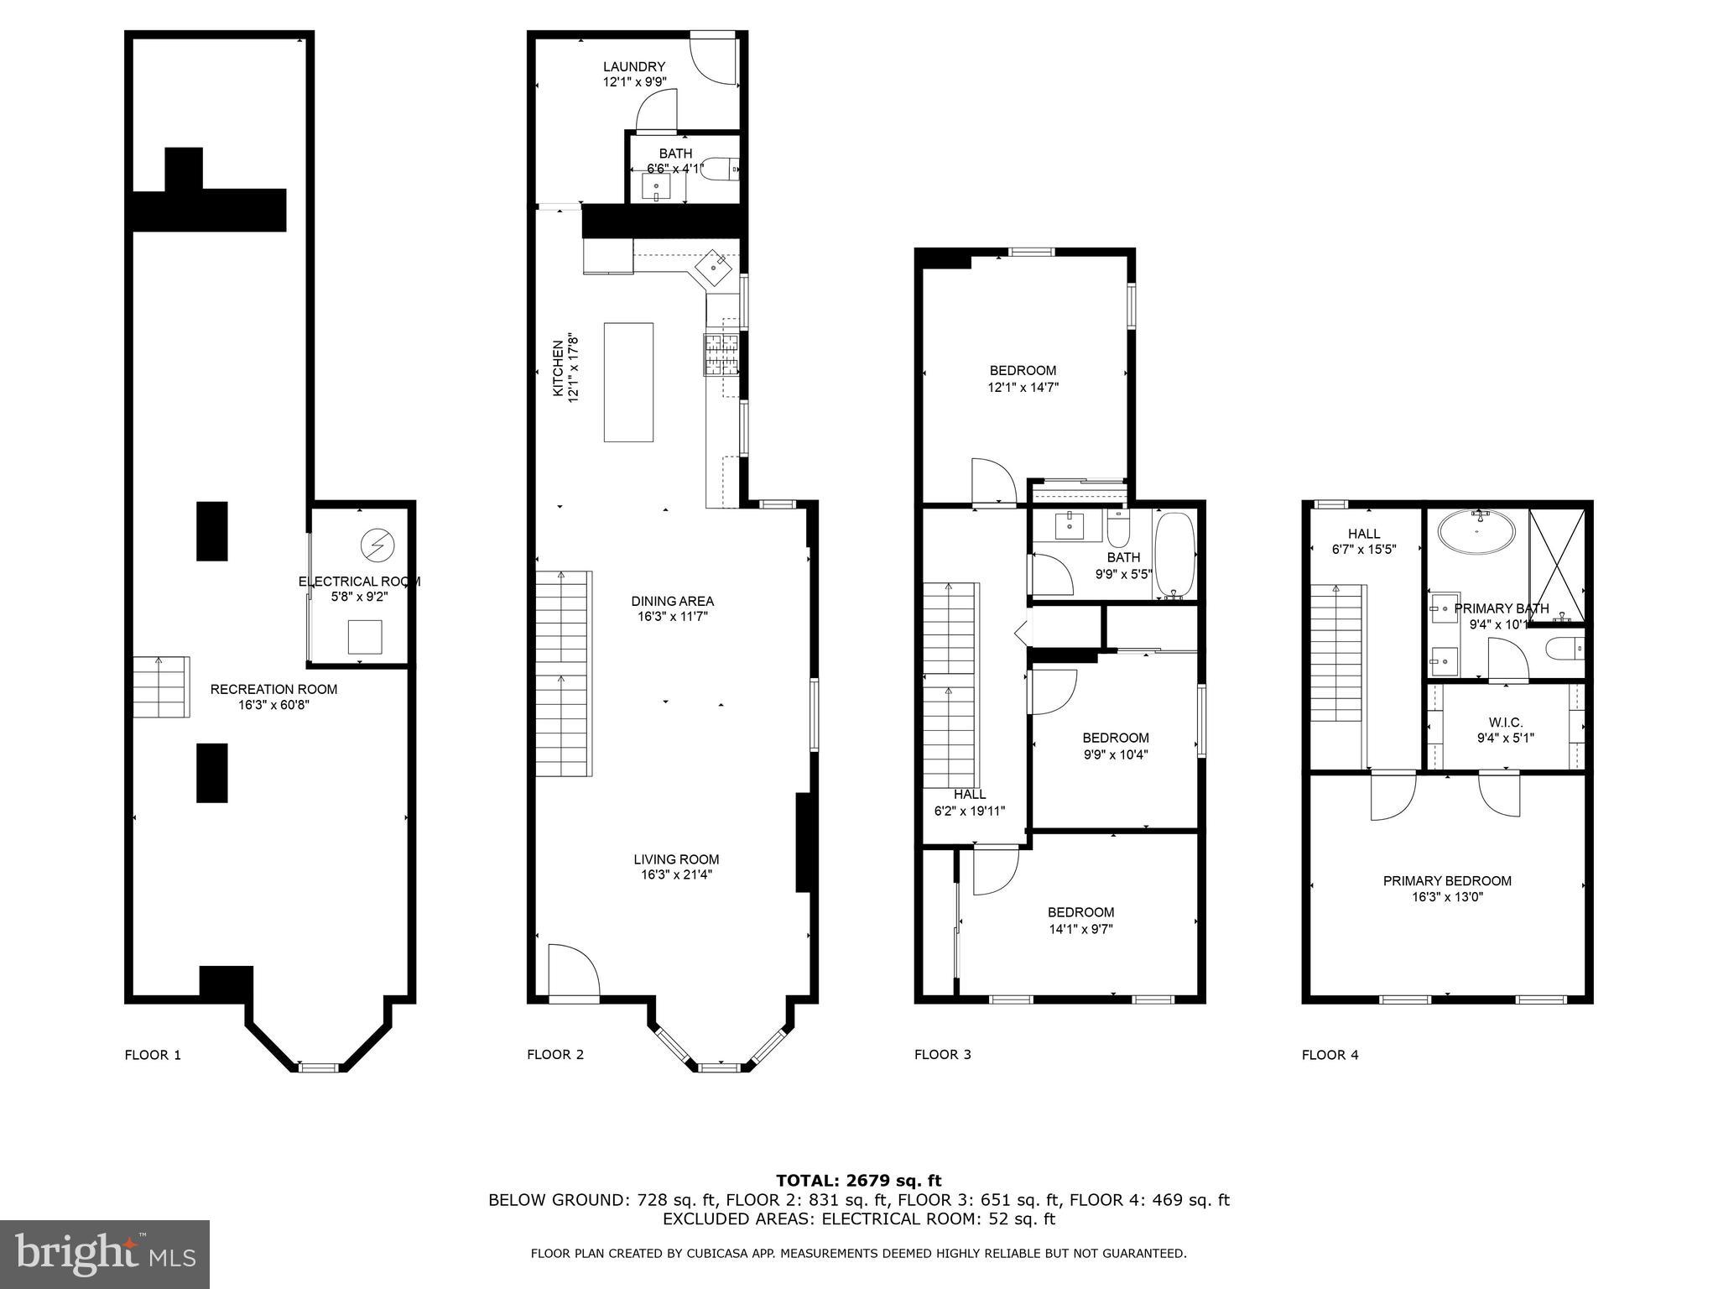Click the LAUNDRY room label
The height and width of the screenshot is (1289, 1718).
tap(634, 67)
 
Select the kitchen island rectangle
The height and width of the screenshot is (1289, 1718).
tap(628, 382)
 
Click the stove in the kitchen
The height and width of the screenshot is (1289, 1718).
tap(721, 354)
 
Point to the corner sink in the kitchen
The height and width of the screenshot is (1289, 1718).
tap(713, 267)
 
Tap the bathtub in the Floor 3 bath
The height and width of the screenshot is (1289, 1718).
tap(1174, 555)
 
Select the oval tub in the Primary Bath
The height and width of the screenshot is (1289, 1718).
tap(1476, 530)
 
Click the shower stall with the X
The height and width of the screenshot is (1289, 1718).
tap(1556, 564)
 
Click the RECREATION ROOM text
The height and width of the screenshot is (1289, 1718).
tap(273, 690)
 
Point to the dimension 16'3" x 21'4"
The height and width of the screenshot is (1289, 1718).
tap(676, 874)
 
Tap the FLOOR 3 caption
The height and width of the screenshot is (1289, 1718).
tap(942, 1055)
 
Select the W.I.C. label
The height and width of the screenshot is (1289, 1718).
tap(1506, 723)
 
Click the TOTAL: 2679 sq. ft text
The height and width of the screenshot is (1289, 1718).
tap(858, 1181)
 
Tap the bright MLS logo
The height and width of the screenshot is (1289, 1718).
tap(105, 1254)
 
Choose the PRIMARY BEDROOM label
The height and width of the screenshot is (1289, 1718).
tap(1447, 881)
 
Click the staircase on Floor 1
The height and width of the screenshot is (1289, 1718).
tap(161, 686)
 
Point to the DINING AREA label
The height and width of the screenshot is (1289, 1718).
tap(672, 601)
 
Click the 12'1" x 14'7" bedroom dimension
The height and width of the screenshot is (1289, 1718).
tap(1023, 388)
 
